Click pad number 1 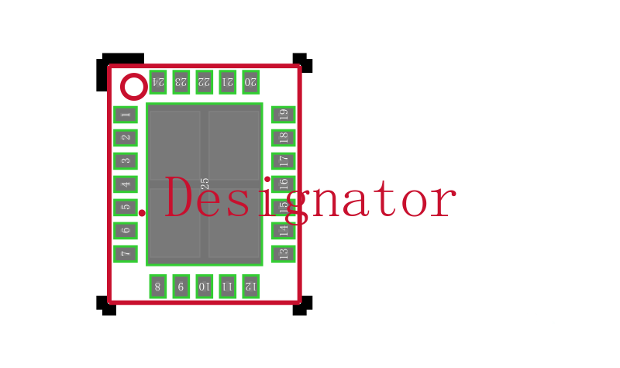[x=126, y=115]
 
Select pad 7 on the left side [x=126, y=254]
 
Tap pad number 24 [x=158, y=82]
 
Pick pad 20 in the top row [x=250, y=82]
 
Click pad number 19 [x=283, y=115]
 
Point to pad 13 [x=283, y=254]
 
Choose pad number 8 [x=158, y=287]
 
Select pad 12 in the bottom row [x=250, y=287]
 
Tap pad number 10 [x=205, y=287]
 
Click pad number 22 [x=205, y=82]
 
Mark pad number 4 [x=126, y=184]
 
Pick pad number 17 [x=283, y=161]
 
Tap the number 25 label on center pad [x=205, y=184]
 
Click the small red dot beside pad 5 [x=142, y=213]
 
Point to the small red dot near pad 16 [x=267, y=180]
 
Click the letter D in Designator [x=178, y=197]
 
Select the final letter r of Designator [x=443, y=203]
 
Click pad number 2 [x=126, y=138]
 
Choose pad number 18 [x=283, y=138]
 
